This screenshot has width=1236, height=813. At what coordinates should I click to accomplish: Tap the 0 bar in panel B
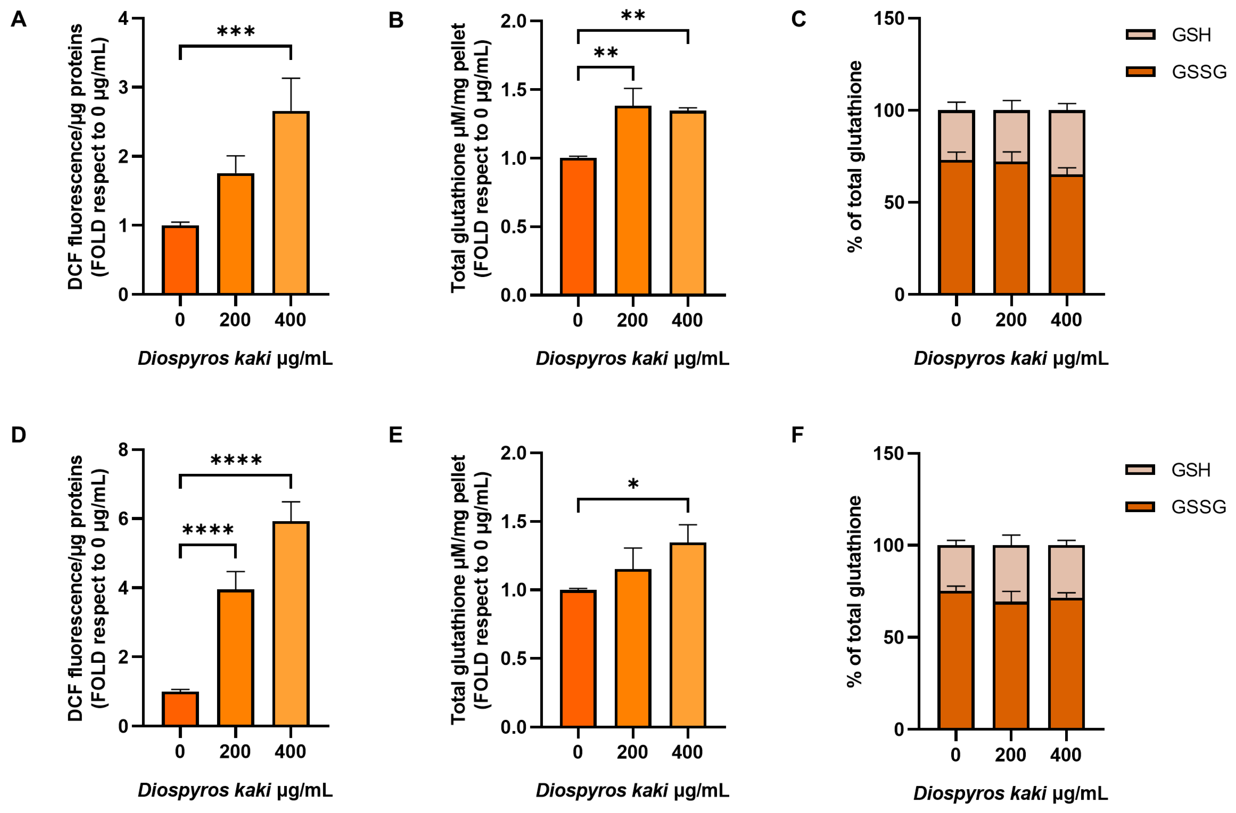coord(578,227)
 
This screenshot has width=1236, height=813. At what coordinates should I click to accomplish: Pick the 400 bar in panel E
coord(688,635)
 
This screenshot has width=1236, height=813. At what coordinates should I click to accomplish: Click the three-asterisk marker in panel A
coord(236,32)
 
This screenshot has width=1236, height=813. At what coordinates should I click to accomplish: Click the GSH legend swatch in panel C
coord(1140,35)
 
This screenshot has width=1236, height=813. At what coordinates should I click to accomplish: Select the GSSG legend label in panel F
coord(1198,507)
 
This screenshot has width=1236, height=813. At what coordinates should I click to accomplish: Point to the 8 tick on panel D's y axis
coord(123,450)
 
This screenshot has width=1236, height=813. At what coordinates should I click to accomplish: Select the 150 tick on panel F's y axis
coord(889,453)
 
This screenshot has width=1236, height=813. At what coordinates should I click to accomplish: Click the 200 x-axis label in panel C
coord(1011,320)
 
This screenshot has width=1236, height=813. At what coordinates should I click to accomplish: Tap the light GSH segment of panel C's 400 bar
coord(1067,143)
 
